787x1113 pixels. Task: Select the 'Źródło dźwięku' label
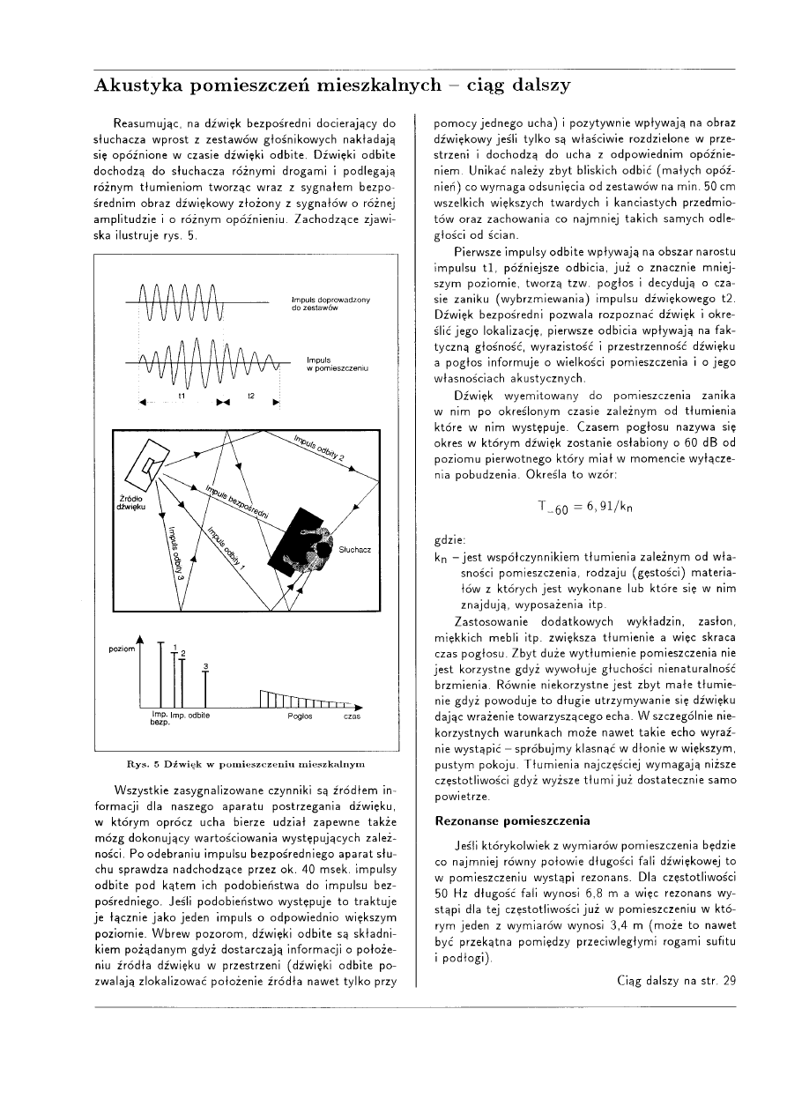[130, 503]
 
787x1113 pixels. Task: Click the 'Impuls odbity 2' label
[318, 448]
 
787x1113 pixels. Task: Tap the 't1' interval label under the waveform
[180, 397]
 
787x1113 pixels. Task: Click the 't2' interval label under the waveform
[251, 397]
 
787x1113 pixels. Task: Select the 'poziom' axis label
[121, 648]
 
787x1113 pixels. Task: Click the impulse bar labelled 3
[204, 686]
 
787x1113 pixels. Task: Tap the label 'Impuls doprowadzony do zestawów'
[330, 305]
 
